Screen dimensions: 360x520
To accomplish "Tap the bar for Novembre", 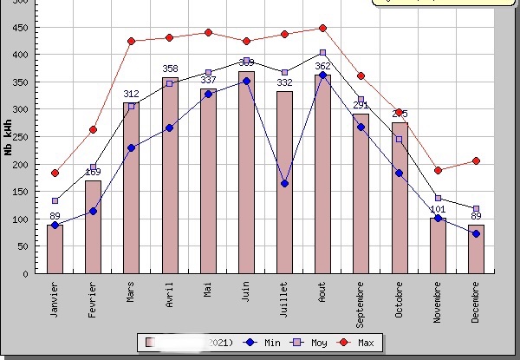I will pos(438,247).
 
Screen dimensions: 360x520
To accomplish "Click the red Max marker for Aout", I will pos(322,28).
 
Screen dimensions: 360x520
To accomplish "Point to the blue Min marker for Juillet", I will pos(284,183).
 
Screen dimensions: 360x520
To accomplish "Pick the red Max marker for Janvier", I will pos(55,173).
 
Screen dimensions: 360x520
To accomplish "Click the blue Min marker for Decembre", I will pos(476,233).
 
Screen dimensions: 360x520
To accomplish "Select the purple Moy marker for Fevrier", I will pos(93,167).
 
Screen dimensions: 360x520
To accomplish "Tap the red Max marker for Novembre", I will pos(438,170).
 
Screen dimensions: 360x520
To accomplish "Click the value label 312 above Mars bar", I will pos(131,94).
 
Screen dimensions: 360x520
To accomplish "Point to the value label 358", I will pos(170,69).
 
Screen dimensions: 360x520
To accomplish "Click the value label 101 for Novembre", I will pos(438,209).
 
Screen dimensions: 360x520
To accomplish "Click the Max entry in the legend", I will pos(357,343).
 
